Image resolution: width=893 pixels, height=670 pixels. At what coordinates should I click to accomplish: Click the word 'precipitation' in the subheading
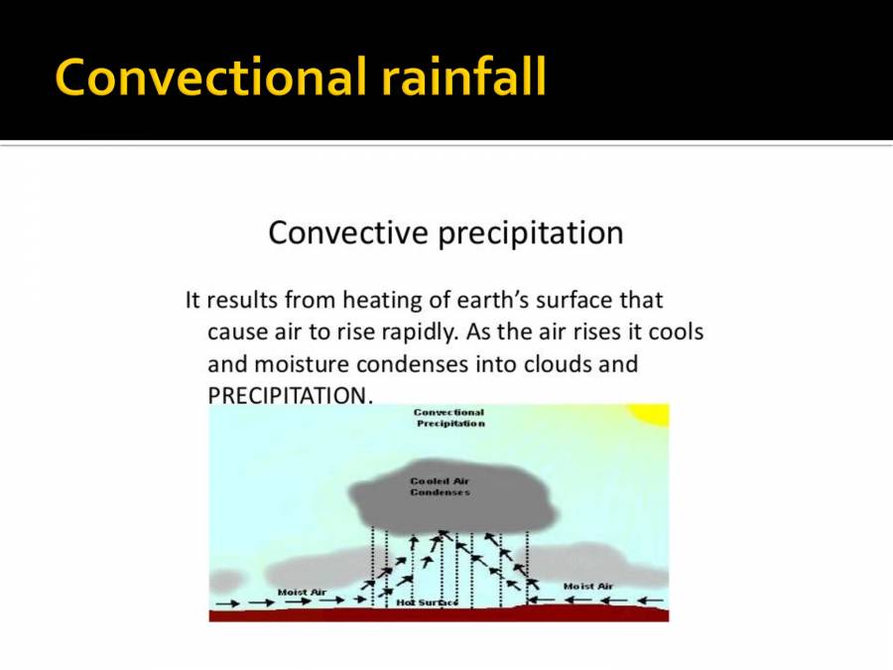pos(531,233)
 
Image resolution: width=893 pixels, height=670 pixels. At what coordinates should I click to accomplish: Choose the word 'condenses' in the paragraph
pos(413,363)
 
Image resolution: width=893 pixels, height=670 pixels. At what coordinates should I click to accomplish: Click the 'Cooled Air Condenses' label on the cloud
pos(440,486)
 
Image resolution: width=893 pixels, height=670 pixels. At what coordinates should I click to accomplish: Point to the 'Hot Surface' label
pos(427,603)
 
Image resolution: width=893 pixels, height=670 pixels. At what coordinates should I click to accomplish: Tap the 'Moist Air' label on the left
pos(302,593)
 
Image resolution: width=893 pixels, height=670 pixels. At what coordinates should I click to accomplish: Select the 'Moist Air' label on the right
pos(588,587)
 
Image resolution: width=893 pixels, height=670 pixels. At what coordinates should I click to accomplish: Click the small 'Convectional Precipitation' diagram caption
pos(449,418)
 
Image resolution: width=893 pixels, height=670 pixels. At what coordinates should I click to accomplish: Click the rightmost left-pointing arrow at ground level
pos(650,601)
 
